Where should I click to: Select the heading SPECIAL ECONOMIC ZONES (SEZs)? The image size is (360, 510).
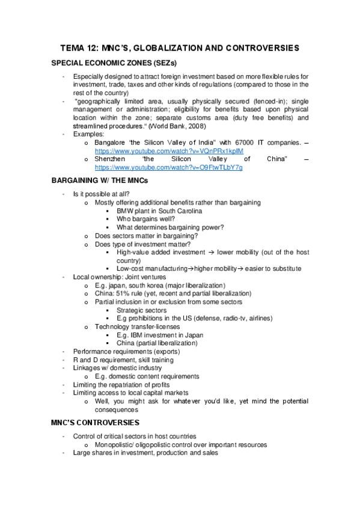click(x=109, y=63)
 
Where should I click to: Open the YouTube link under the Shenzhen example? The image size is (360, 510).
click(x=169, y=167)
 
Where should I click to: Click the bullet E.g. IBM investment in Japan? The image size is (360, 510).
click(x=156, y=334)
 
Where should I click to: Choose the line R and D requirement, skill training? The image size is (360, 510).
click(x=123, y=359)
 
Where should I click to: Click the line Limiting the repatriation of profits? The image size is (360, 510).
click(x=121, y=384)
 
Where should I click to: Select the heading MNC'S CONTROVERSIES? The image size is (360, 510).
click(x=95, y=422)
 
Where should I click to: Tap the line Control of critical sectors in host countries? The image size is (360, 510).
click(x=141, y=436)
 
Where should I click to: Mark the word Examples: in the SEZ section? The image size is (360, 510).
click(x=88, y=134)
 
